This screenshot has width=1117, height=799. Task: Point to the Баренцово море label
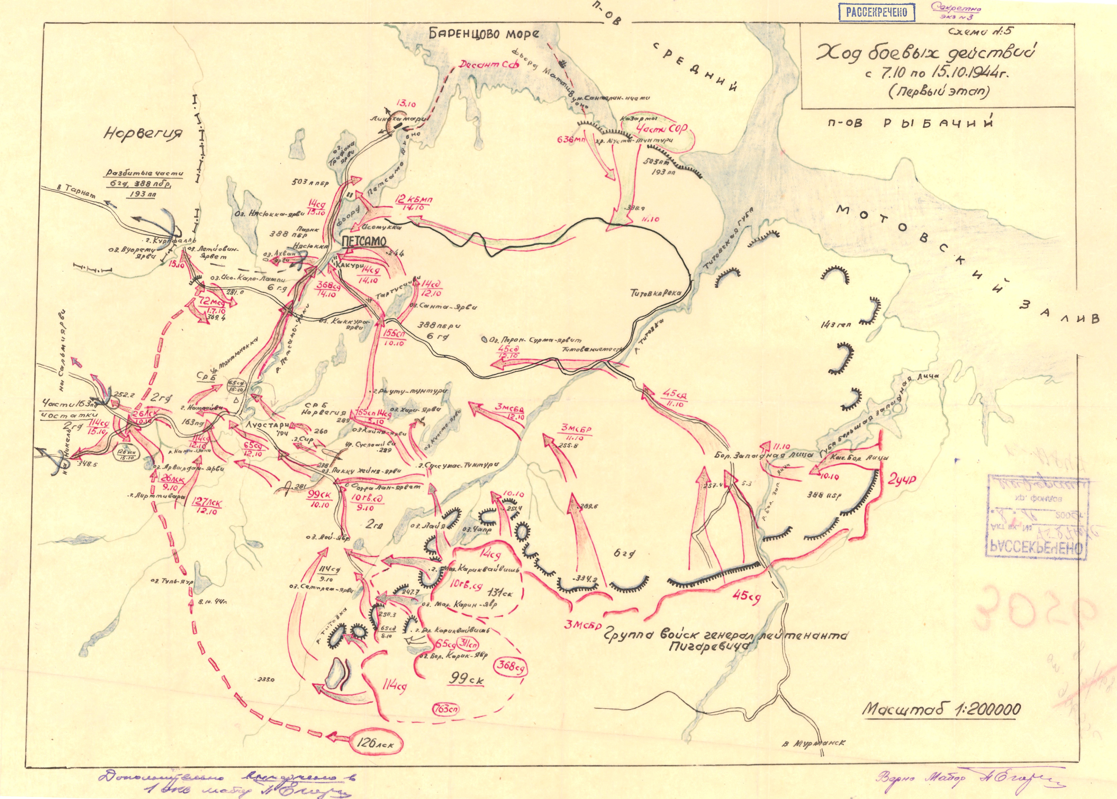point(484,34)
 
